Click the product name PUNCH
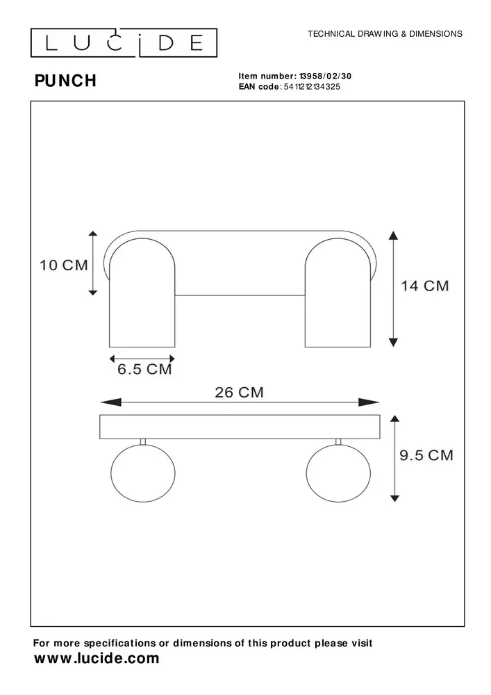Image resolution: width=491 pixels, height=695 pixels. [65, 81]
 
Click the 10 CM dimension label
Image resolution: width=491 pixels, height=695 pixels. [64, 265]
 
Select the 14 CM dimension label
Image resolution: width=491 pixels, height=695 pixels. [425, 286]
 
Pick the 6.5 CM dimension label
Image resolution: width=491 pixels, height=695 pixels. [144, 370]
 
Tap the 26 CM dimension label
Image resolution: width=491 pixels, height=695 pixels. [239, 392]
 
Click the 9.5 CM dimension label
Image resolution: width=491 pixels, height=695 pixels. [426, 455]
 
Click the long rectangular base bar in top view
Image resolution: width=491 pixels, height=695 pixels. [240, 427]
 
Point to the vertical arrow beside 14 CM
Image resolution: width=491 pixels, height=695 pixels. [394, 288]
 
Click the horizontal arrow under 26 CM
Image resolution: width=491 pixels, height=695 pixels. [240, 402]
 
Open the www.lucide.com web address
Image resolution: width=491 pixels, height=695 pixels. [97, 659]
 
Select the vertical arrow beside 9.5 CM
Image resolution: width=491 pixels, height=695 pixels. [394, 457]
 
